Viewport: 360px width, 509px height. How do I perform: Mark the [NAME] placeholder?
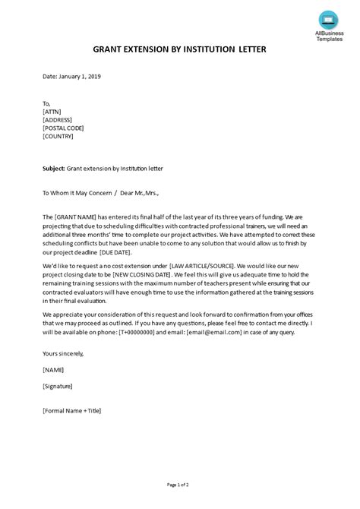point(55,371)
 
